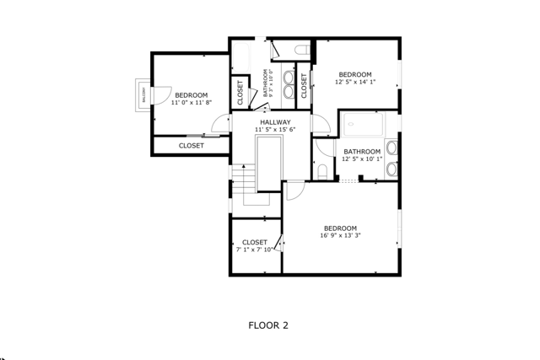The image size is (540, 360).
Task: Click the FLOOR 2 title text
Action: point(268,325)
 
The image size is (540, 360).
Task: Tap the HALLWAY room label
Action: point(275,122)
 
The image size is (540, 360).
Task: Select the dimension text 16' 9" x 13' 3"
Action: point(340,236)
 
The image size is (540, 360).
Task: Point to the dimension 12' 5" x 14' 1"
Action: point(354,82)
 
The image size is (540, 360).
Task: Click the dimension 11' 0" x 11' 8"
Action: point(191,102)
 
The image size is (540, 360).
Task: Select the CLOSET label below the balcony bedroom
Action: point(191,146)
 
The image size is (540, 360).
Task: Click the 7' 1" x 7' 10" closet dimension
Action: point(255,250)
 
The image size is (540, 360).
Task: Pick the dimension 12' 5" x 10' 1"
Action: point(362,159)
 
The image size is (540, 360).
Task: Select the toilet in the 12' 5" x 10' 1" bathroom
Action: point(323,172)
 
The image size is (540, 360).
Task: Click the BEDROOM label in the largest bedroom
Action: point(340,228)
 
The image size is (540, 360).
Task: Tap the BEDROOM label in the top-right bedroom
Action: point(354,74)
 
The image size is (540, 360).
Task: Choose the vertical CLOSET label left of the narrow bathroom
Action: point(240,94)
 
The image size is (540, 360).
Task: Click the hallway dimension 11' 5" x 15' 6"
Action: point(275,130)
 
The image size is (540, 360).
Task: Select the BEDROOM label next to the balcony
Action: point(191,94)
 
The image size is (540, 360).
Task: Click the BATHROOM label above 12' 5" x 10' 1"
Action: point(362,151)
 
